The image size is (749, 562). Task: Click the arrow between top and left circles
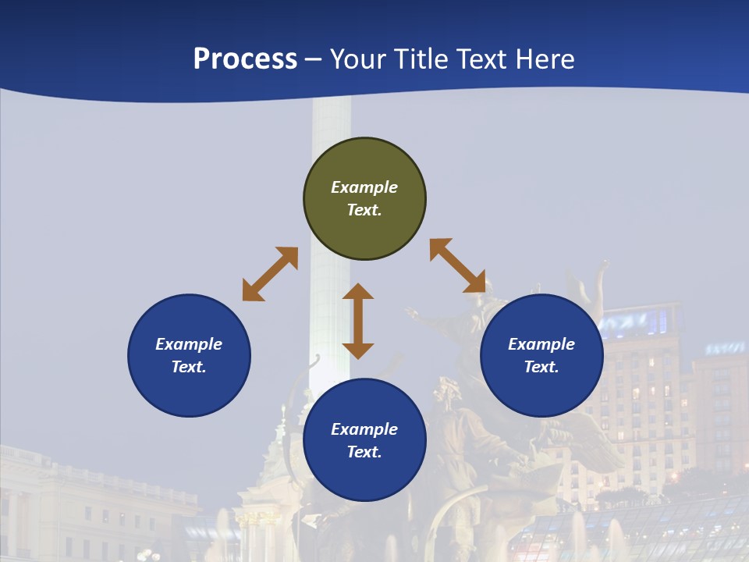[x=270, y=274]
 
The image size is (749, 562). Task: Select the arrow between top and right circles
[x=458, y=265]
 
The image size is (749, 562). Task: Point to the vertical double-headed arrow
[x=358, y=321]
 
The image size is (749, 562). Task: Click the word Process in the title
[x=245, y=59]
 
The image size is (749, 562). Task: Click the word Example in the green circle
[x=364, y=187]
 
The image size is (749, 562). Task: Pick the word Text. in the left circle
[x=189, y=367]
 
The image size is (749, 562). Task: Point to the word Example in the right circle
[x=541, y=344]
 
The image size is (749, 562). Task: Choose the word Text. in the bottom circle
[x=364, y=452]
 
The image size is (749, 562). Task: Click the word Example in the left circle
[x=189, y=344]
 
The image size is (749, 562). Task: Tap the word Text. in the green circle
[x=364, y=210]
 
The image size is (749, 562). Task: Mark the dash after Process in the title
[x=314, y=60]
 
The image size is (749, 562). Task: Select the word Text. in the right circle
[x=541, y=367]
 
